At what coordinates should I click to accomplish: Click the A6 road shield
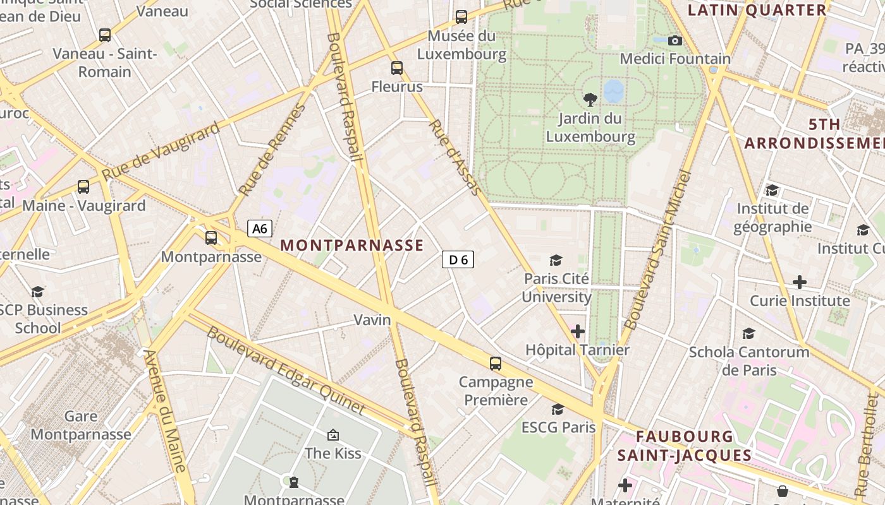(x=260, y=229)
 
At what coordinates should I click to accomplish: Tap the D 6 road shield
(x=458, y=259)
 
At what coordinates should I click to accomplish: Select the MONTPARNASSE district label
(x=351, y=246)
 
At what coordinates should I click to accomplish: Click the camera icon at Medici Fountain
(x=675, y=40)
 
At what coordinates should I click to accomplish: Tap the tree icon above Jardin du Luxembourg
(x=590, y=98)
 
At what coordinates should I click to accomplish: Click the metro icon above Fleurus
(x=397, y=68)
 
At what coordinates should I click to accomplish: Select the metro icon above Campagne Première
(x=496, y=364)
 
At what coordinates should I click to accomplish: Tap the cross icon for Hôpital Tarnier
(x=578, y=331)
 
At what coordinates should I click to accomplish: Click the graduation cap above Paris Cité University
(x=556, y=260)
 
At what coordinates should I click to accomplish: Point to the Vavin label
(x=372, y=320)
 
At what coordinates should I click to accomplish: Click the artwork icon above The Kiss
(x=333, y=434)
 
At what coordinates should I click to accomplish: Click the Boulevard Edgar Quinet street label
(x=286, y=371)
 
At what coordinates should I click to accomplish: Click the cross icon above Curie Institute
(x=800, y=282)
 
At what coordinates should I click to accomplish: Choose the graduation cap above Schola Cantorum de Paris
(x=749, y=333)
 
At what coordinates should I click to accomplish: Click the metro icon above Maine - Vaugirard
(x=83, y=186)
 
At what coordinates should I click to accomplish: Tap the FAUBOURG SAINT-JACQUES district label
(x=685, y=446)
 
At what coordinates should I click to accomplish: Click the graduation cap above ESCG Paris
(x=558, y=409)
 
